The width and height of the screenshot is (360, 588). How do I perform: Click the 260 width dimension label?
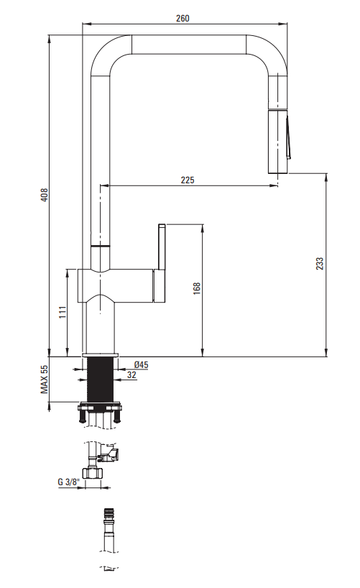point(183,18)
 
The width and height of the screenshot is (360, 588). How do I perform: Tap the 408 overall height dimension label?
point(45,195)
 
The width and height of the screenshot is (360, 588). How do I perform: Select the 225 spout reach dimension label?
point(188,180)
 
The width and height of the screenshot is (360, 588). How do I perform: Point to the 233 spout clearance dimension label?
point(319,264)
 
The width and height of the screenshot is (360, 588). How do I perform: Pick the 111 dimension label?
point(63,312)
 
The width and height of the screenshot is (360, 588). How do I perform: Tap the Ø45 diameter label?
point(141,364)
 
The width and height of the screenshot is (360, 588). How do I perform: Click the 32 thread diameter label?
point(131,375)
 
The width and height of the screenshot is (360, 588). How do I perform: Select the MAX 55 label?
point(45,379)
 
